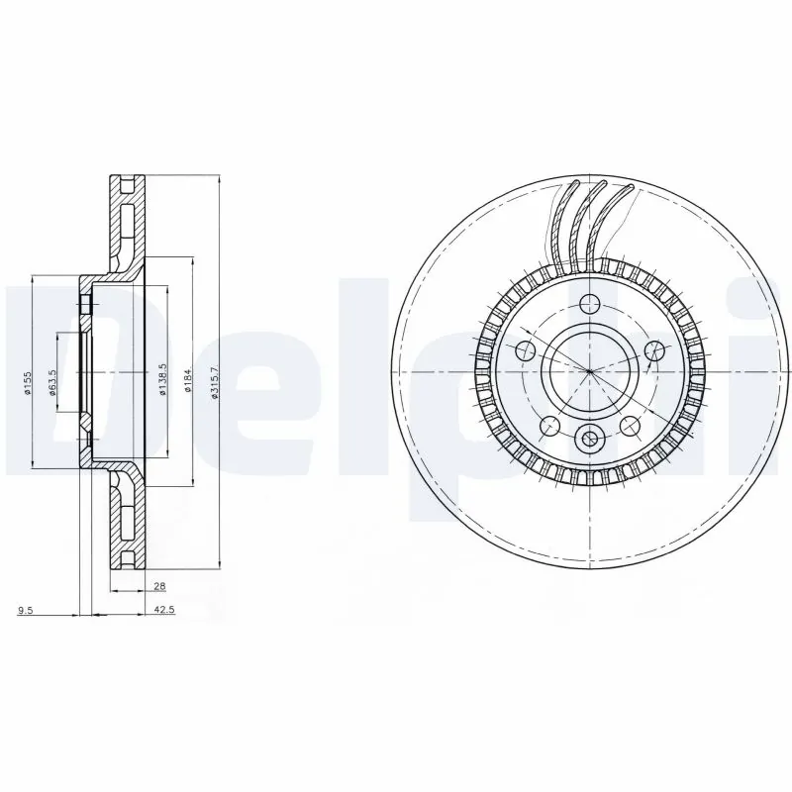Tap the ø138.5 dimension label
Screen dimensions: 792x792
(160, 379)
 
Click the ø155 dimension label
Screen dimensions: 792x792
(31, 380)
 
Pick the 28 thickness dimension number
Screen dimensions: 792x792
(132, 586)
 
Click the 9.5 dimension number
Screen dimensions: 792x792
(26, 611)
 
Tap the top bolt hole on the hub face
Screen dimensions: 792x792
(589, 303)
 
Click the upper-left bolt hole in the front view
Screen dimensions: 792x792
(526, 348)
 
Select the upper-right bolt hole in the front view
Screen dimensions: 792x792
(653, 348)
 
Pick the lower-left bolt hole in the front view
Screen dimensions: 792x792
(549, 426)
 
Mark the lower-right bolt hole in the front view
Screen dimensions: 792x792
(630, 426)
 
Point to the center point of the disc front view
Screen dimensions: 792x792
(589, 371)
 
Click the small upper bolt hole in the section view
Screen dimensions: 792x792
(85, 303)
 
